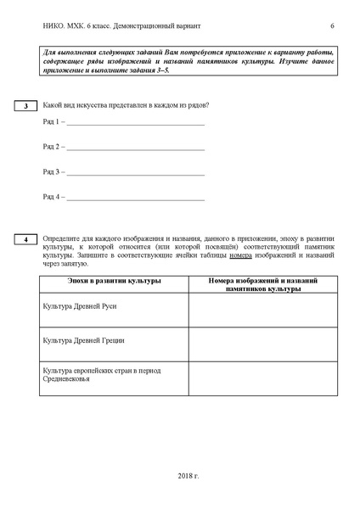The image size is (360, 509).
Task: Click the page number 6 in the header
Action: click(x=332, y=26)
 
